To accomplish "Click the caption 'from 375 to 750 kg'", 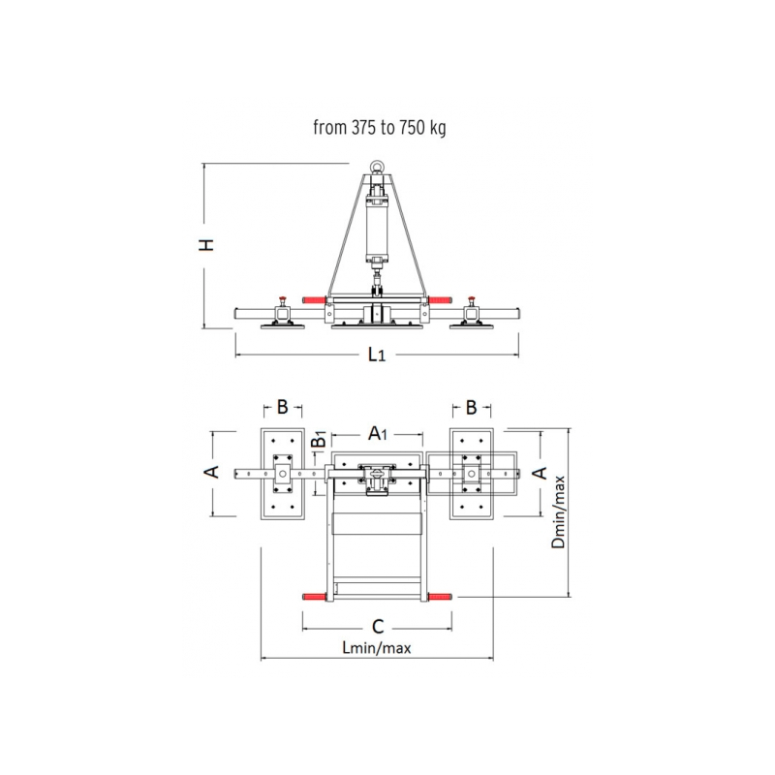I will (x=379, y=127).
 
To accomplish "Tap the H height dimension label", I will (x=206, y=246).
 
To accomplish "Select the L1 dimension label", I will (x=377, y=356).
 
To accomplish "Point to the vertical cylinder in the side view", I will (x=377, y=227).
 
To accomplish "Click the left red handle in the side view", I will (x=314, y=299).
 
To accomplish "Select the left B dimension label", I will (x=283, y=408).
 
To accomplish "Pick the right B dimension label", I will (x=471, y=408).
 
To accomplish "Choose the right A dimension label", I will (x=541, y=473).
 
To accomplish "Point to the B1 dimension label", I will (x=318, y=443).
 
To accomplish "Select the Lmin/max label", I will (x=377, y=648).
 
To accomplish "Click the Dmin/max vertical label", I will (x=558, y=512).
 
